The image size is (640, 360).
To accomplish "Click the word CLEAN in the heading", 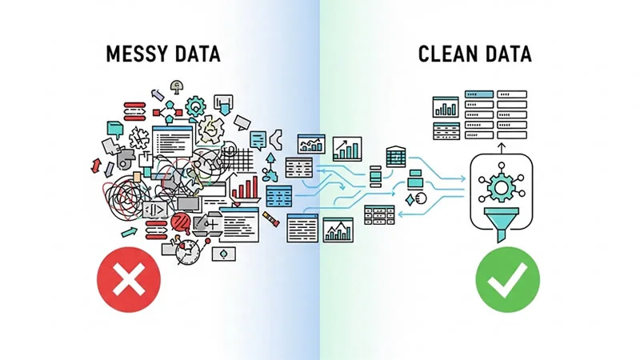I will tap(446, 55).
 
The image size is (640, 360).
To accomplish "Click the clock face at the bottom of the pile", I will tap(188, 249).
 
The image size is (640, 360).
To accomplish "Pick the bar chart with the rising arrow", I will tap(347, 148).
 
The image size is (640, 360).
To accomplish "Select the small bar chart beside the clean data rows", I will tap(444, 107).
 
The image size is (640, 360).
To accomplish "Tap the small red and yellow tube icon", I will tap(274, 218).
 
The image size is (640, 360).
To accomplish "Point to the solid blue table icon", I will tap(279, 197).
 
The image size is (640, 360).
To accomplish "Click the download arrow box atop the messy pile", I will tap(225, 102).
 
